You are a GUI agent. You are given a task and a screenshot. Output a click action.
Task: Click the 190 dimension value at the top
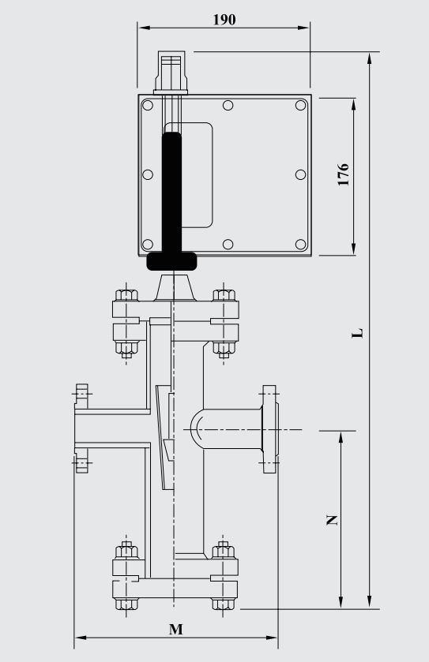click(x=224, y=20)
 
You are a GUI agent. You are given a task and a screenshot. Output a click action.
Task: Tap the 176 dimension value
click(x=343, y=175)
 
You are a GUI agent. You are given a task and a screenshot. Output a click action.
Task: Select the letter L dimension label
click(x=357, y=333)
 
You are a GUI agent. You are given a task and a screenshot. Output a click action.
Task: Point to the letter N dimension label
click(x=332, y=520)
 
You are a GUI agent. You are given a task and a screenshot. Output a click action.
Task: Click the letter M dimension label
click(x=176, y=629)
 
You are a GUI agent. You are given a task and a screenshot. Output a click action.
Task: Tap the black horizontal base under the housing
click(x=172, y=260)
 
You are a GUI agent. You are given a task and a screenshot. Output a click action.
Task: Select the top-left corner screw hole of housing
click(x=147, y=105)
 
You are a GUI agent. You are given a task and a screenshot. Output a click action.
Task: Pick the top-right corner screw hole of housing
click(x=300, y=105)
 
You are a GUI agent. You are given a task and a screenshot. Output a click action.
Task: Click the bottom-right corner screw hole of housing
click(x=300, y=244)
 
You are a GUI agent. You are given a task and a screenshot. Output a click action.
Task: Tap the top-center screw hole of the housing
click(x=228, y=105)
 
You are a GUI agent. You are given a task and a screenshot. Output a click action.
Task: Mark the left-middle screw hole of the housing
click(x=147, y=174)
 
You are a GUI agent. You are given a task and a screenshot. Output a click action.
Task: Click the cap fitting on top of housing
click(x=172, y=73)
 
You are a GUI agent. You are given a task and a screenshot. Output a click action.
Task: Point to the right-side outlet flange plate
click(x=270, y=429)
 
